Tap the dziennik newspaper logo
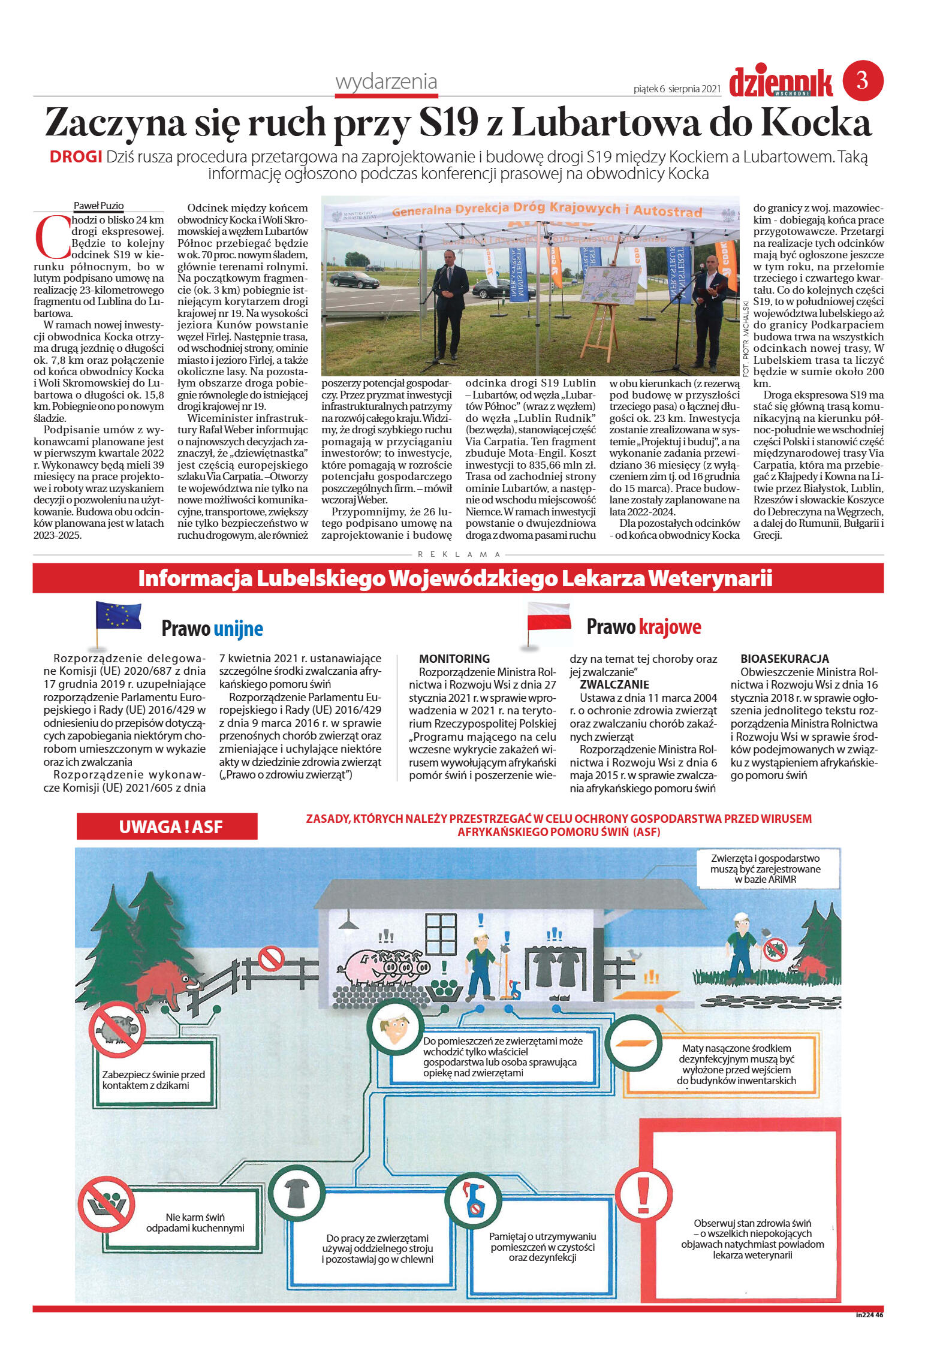781,83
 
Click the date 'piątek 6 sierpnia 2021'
676,89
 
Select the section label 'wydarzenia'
386,82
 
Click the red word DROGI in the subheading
76,157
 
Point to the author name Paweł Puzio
98,206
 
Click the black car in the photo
354,279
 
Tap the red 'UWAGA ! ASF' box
167,826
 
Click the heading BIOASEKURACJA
784,659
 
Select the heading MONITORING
454,659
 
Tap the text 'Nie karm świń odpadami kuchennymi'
195,1223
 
